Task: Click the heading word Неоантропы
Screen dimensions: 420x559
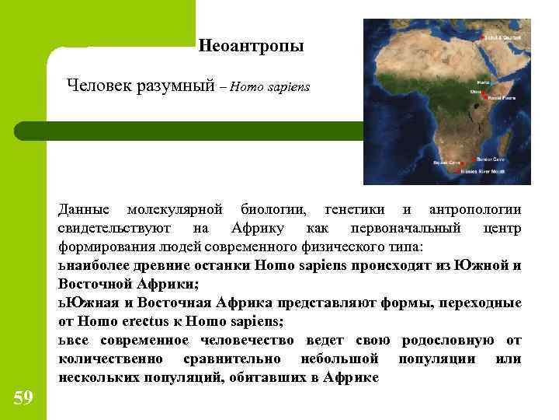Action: [251, 47]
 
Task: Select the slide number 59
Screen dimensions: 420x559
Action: [23, 398]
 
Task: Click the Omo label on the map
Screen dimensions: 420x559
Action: [475, 91]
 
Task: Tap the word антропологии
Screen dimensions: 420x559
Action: [474, 210]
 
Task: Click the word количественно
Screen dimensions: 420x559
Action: [110, 359]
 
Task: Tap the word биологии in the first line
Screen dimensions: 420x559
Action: [273, 210]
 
